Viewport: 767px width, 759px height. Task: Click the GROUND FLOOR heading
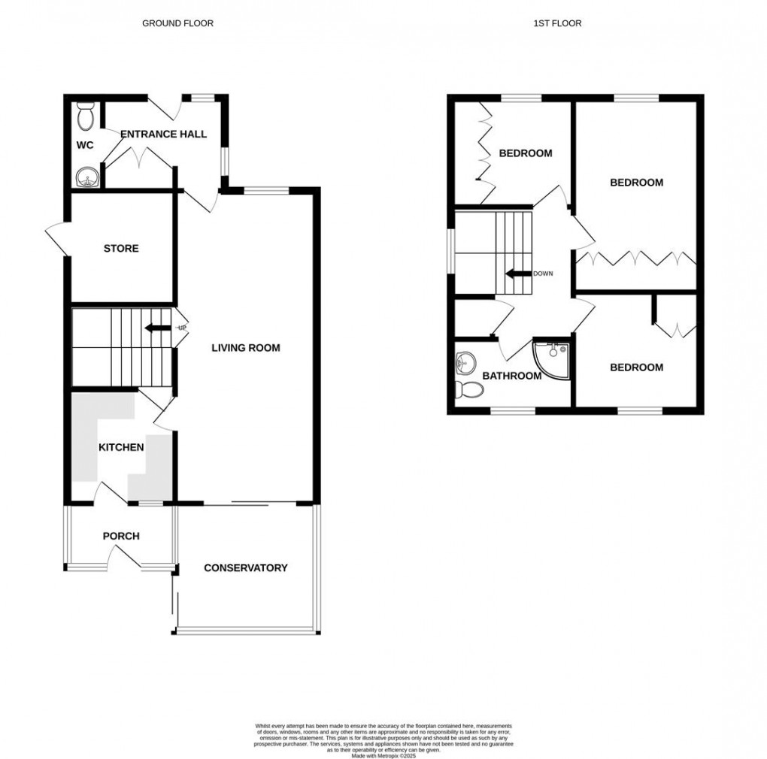177,23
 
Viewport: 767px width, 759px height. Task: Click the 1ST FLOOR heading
557,23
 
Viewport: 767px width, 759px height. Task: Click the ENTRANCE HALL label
163,135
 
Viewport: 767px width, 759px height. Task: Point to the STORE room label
121,248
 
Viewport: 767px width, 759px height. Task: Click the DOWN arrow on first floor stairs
518,274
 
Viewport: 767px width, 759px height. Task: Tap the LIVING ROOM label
245,348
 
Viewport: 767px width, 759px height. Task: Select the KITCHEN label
121,447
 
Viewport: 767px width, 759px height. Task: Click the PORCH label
121,536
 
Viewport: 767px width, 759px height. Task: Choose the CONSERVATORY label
245,568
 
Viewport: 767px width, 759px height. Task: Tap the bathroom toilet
469,389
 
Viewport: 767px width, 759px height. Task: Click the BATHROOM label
511,376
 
